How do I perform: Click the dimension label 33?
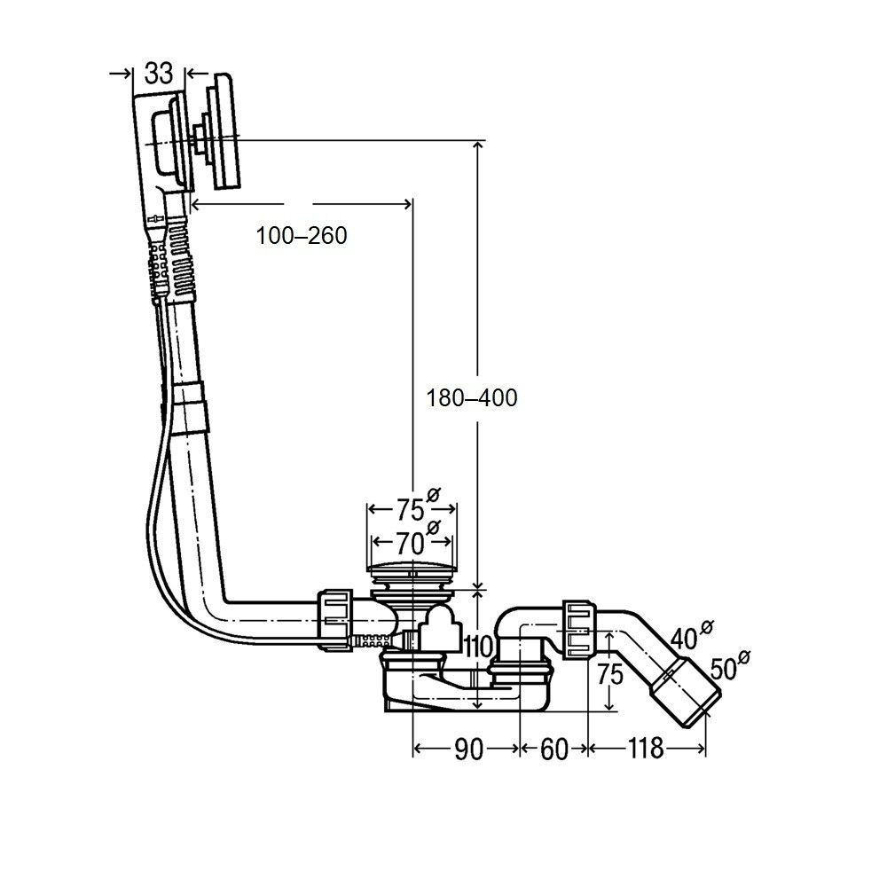tap(159, 74)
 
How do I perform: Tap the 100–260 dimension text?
tap(301, 236)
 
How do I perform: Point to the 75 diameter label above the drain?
tap(410, 510)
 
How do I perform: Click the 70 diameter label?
tap(410, 542)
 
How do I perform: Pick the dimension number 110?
tap(478, 648)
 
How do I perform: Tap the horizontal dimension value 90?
tap(467, 750)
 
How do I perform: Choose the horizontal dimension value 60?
tap(553, 750)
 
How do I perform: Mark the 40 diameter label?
tap(685, 639)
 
